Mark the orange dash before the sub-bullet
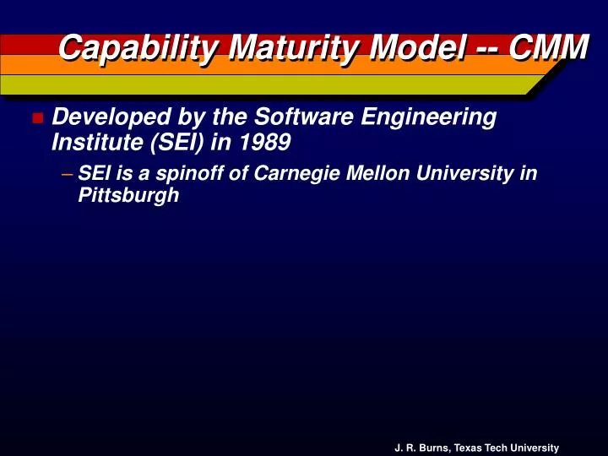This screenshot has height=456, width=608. click(x=67, y=175)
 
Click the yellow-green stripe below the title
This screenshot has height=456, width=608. click(x=253, y=85)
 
